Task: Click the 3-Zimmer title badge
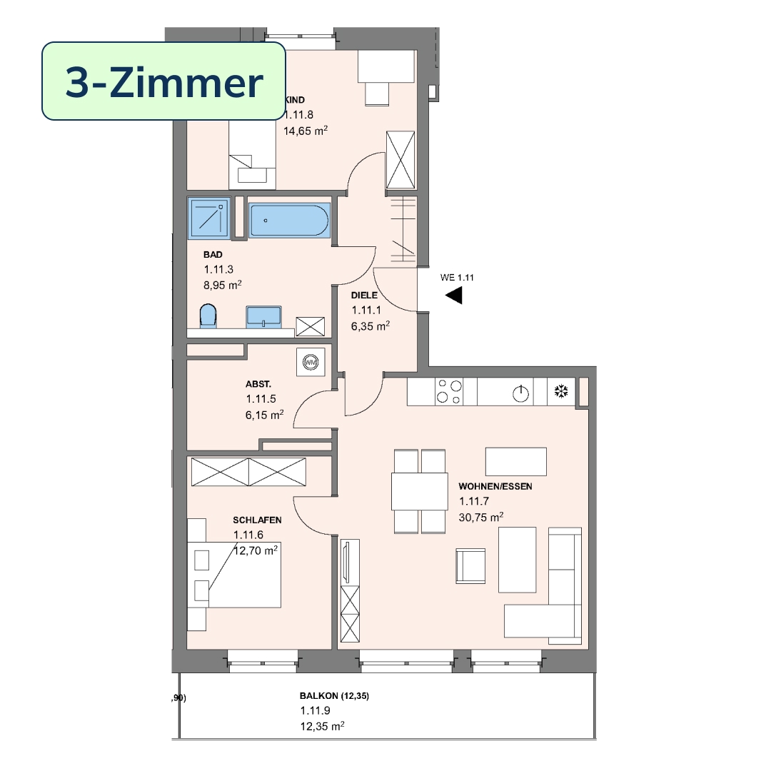163,81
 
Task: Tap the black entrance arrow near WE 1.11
454,296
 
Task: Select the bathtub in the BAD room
289,221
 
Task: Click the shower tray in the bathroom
209,218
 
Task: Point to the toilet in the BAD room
208,316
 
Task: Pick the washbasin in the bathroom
263,317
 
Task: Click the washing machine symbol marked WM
311,363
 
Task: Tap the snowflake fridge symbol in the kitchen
561,391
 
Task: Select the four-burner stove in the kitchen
450,391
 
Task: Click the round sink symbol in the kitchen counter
520,394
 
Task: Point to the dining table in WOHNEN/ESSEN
420,491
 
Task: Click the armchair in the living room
470,566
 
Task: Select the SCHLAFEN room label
257,520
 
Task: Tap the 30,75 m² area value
481,517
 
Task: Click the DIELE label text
364,296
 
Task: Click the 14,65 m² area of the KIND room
306,131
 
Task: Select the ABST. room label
258,385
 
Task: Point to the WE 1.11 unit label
457,278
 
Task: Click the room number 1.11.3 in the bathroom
218,269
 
